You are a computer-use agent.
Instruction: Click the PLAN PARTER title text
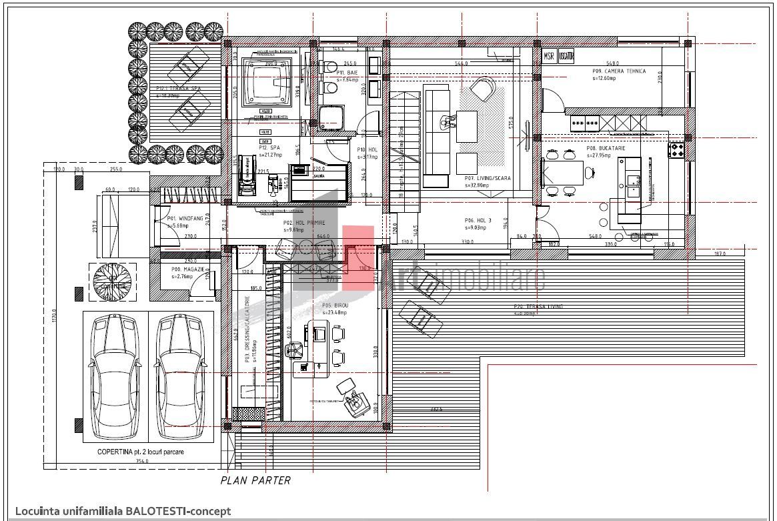coord(255,480)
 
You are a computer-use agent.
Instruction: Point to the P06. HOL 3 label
coord(478,220)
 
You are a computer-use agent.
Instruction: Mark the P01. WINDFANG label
coord(181,218)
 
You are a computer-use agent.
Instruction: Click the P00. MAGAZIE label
coord(187,270)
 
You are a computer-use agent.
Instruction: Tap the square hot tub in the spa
coord(269,82)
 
